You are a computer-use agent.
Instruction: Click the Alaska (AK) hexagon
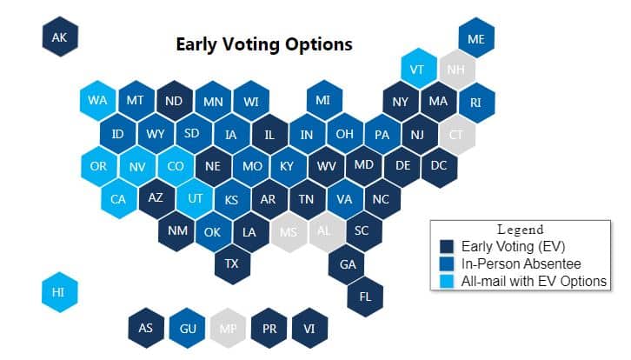coord(60,37)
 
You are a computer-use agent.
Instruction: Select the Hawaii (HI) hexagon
coord(60,292)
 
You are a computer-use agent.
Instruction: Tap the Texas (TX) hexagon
coord(232,263)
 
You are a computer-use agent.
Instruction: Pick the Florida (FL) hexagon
coord(365,297)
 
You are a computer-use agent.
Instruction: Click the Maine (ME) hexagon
coord(476,38)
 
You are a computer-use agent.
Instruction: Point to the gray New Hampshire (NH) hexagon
coord(457,70)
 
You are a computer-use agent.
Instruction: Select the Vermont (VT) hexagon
coord(419,69)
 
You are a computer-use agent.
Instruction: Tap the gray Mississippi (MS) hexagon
coord(289,232)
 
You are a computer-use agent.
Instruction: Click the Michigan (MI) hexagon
coord(324,100)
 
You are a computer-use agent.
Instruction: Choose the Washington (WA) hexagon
coord(98,100)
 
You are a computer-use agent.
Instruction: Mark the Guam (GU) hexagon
coord(187,328)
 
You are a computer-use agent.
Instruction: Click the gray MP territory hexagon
coord(229,328)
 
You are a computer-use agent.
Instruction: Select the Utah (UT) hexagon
coord(195,198)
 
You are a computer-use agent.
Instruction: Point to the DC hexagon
coord(439,166)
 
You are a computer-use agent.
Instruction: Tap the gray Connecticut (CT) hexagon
coord(457,135)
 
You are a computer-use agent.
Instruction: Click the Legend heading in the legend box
coord(521,230)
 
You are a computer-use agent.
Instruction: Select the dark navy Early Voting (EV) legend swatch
coord(447,246)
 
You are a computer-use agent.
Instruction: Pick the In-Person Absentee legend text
coord(521,263)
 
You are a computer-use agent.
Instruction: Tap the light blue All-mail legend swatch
coord(447,281)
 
